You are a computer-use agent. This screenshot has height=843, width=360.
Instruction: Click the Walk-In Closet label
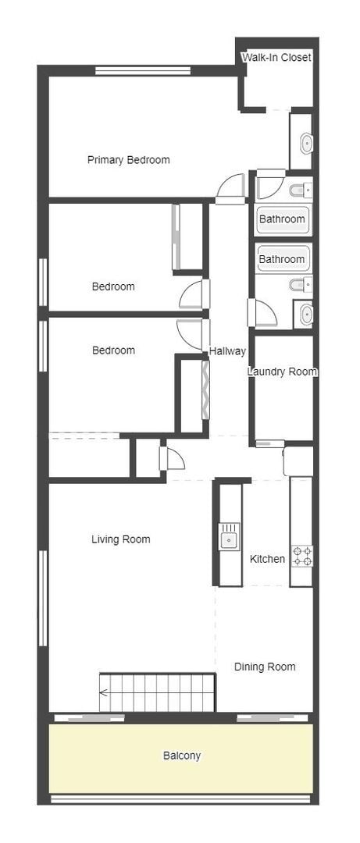pyautogui.click(x=276, y=58)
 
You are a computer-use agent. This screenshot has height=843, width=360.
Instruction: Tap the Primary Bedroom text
pyautogui.click(x=128, y=160)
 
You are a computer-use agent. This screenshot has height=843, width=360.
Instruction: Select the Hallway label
pyautogui.click(x=227, y=351)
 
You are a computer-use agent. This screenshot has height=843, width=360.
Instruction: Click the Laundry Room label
pyautogui.click(x=282, y=372)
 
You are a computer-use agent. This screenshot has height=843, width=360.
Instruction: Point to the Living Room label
pyautogui.click(x=120, y=539)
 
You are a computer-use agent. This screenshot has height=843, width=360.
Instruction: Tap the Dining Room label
pyautogui.click(x=265, y=667)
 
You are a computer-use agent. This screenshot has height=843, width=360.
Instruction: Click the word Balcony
pyautogui.click(x=181, y=756)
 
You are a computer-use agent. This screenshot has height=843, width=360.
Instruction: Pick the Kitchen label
pyautogui.click(x=267, y=559)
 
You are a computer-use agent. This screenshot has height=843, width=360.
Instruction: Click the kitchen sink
pyautogui.click(x=229, y=537)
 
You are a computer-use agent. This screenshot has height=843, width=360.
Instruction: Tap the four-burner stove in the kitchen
pyautogui.click(x=302, y=556)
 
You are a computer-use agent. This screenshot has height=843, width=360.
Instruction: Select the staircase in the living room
pyautogui.click(x=157, y=692)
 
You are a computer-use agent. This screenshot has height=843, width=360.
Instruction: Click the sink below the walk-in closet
pyautogui.click(x=306, y=142)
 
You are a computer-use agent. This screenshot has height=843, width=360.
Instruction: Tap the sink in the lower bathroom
pyautogui.click(x=305, y=315)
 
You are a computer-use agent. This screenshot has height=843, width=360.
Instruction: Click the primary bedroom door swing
pyautogui.click(x=231, y=187)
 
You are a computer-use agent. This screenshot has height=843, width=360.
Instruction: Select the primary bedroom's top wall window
pyautogui.click(x=143, y=71)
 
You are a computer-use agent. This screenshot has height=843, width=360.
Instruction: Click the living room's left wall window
pyautogui.click(x=43, y=597)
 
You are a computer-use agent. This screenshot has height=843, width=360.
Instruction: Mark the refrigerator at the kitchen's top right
pyautogui.click(x=298, y=461)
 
